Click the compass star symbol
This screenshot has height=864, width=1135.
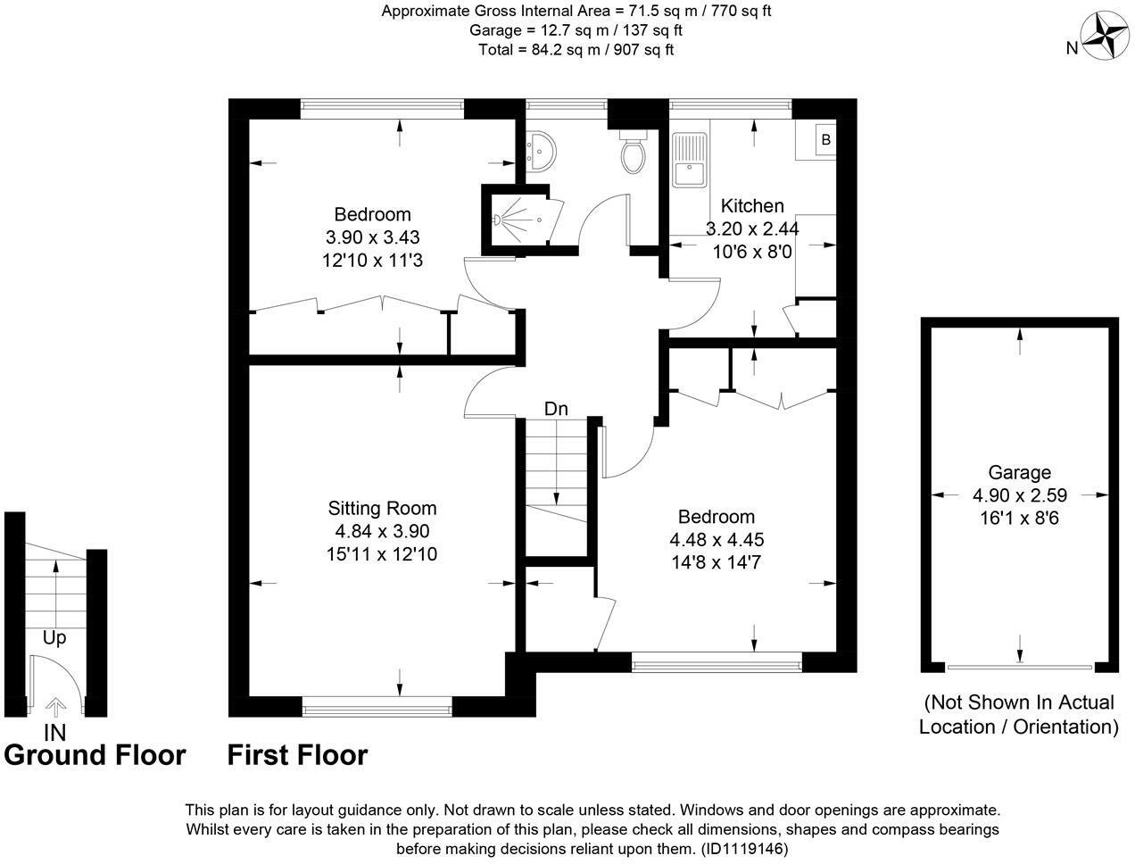coord(1107,37)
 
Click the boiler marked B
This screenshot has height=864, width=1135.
coord(825,140)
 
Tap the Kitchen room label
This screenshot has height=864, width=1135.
coord(752,206)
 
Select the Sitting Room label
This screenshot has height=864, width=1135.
coord(382,509)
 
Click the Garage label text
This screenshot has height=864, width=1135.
coord(1019,473)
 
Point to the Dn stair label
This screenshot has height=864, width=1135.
coord(557,409)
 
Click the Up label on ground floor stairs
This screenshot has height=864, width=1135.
coord(54,638)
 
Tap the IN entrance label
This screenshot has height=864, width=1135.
coord(55,732)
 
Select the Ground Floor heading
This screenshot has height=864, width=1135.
coord(95,755)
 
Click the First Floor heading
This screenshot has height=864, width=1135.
coord(297,755)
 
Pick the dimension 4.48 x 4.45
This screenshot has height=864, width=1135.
coord(717,540)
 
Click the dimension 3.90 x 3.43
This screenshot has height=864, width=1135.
coord(372,237)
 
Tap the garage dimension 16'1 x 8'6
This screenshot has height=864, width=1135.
coord(1019,518)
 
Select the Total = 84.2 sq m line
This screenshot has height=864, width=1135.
coord(576,50)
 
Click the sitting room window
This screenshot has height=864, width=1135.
coord(377,710)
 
